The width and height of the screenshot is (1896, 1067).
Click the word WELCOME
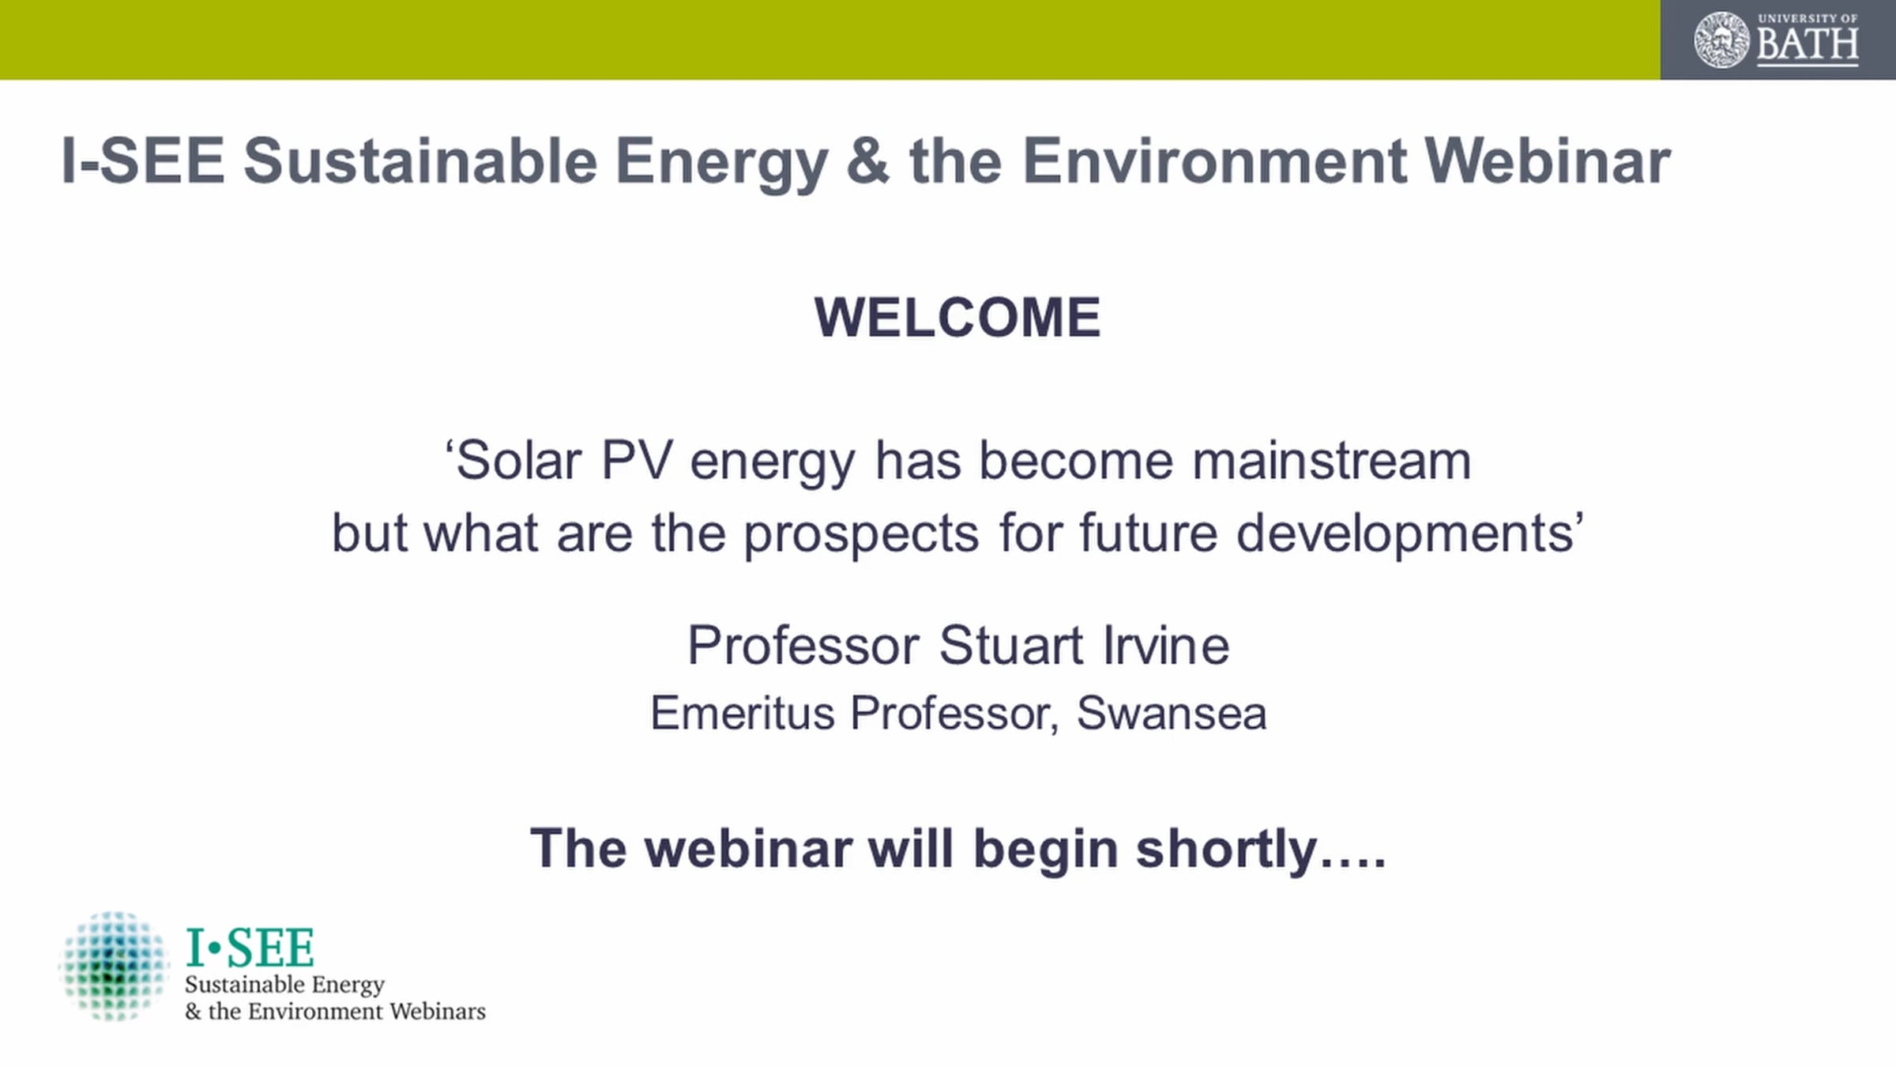coord(957,318)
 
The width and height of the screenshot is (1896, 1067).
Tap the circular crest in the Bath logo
coord(1722,40)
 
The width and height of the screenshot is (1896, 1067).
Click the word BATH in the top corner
coord(1808,45)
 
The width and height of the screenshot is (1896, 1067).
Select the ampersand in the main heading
coord(868,161)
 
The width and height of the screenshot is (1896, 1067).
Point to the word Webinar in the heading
coord(1548,161)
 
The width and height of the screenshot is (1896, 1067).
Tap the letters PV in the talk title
coord(637,460)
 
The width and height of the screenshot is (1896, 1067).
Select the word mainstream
coord(1332,460)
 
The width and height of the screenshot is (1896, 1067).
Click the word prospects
coord(862,534)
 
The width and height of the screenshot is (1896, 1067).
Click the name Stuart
coord(1011,645)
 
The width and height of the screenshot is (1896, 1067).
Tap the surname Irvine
coord(1167,645)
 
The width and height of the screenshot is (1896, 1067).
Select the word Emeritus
coord(743,713)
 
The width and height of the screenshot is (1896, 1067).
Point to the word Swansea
coord(1172,713)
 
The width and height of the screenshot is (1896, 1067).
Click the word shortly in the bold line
coord(1227,850)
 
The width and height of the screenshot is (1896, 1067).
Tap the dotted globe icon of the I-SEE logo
coord(114,965)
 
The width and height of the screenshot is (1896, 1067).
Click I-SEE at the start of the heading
coord(143,161)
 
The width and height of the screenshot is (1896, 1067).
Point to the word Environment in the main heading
coord(1214,161)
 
